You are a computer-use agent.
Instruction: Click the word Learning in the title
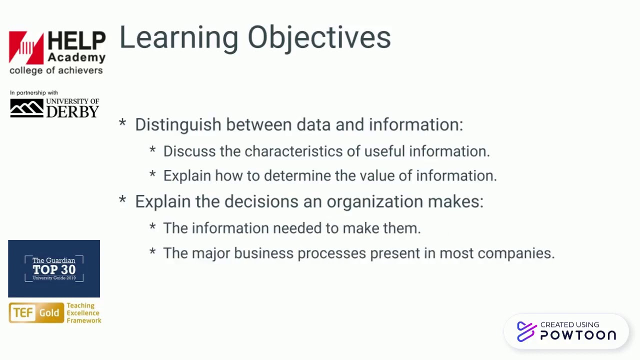[179, 38]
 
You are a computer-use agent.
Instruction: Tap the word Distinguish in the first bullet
[178, 124]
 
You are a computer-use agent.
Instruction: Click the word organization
[374, 201]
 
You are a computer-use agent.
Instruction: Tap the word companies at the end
[515, 253]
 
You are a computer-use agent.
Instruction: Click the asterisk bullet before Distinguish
[122, 123]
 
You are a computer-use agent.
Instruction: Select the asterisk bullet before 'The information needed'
[152, 227]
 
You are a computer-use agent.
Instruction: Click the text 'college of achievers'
[56, 70]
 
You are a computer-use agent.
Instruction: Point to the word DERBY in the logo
[72, 111]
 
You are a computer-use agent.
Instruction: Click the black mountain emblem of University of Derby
[26, 108]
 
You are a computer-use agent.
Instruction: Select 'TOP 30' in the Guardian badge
[54, 269]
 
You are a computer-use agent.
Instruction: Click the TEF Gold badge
[36, 313]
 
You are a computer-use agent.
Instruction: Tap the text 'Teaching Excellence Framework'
[83, 313]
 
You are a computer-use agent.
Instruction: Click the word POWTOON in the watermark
[578, 335]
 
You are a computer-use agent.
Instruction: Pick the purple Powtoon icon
[526, 331]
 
